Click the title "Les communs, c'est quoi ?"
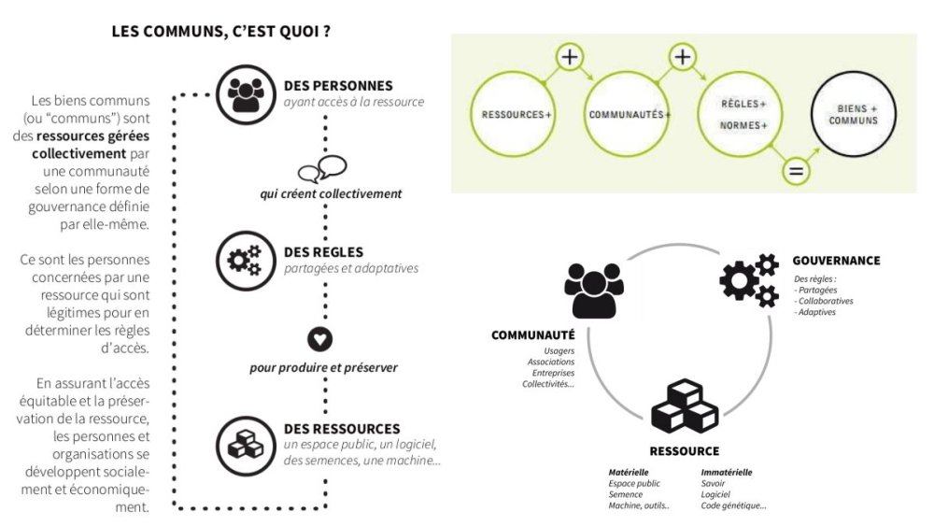(220, 31)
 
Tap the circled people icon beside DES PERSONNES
(246, 94)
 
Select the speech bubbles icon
(322, 169)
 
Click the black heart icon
(319, 339)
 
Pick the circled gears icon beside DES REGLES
(246, 261)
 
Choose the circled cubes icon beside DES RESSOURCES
(246, 445)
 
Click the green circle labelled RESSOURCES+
(513, 114)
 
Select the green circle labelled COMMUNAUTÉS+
(626, 114)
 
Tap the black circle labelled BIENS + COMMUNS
(854, 114)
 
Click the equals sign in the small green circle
(796, 172)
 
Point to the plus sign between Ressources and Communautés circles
(570, 57)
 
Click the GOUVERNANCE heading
(836, 261)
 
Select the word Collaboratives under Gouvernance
(826, 301)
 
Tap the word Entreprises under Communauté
(553, 373)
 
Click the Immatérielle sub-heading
(727, 473)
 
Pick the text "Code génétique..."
(733, 505)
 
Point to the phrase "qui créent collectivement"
(331, 193)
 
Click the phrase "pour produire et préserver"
(323, 367)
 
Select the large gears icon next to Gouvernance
(749, 279)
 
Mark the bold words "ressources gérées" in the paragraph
(92, 135)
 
